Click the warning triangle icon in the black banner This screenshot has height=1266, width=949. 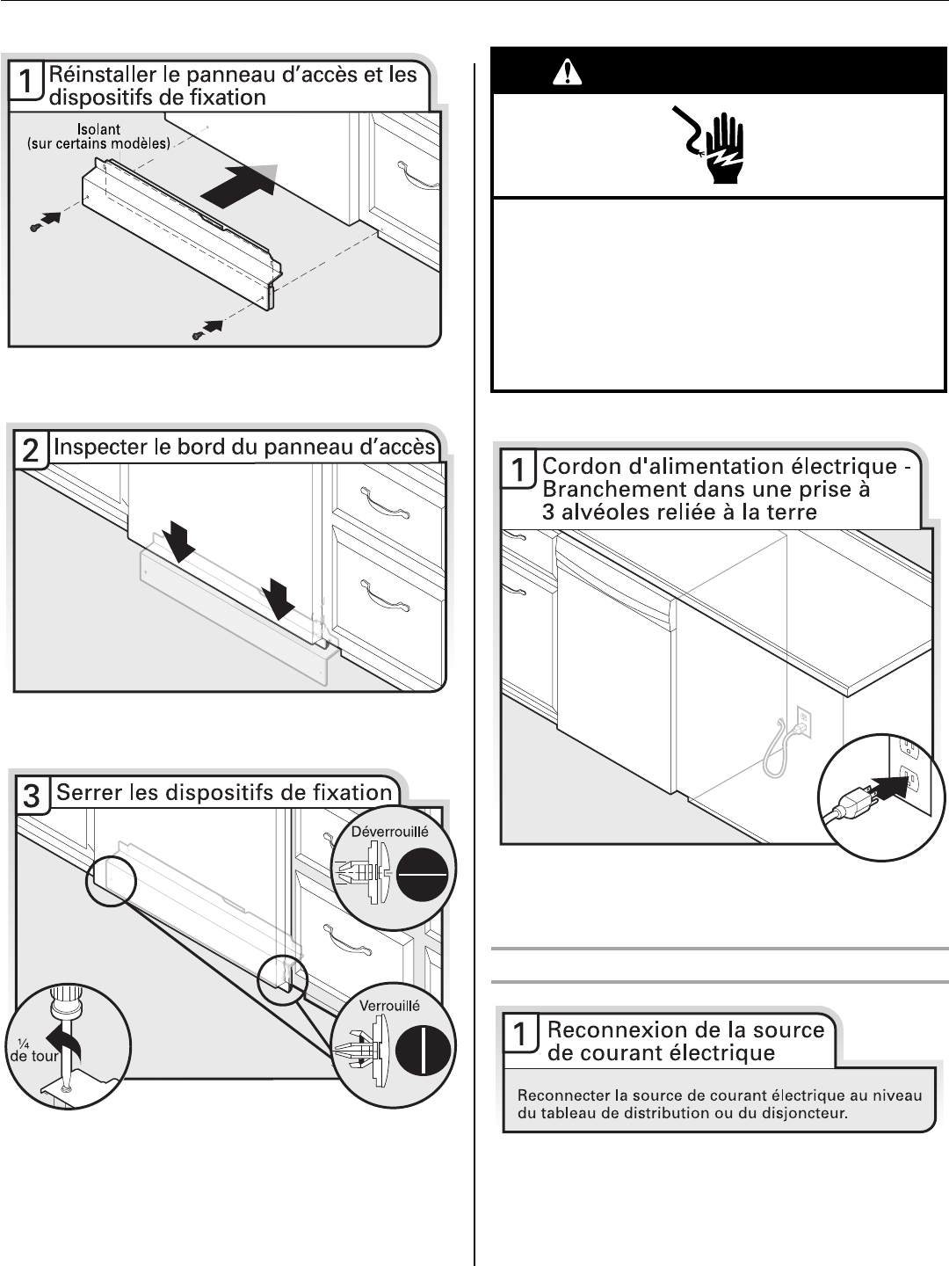[x=567, y=72]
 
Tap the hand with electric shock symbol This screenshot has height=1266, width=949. [x=714, y=145]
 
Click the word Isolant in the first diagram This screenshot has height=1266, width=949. [x=98, y=129]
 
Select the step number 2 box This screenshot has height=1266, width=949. [x=30, y=450]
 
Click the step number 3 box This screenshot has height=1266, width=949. [x=31, y=796]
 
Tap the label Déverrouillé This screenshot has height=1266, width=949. [x=389, y=832]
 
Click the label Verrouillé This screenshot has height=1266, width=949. [x=390, y=1006]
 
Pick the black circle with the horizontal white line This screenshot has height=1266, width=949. [x=423, y=877]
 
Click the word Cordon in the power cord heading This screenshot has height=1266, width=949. [x=581, y=466]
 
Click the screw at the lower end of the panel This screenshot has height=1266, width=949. [x=199, y=333]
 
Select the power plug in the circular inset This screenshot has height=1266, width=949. [x=850, y=803]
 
